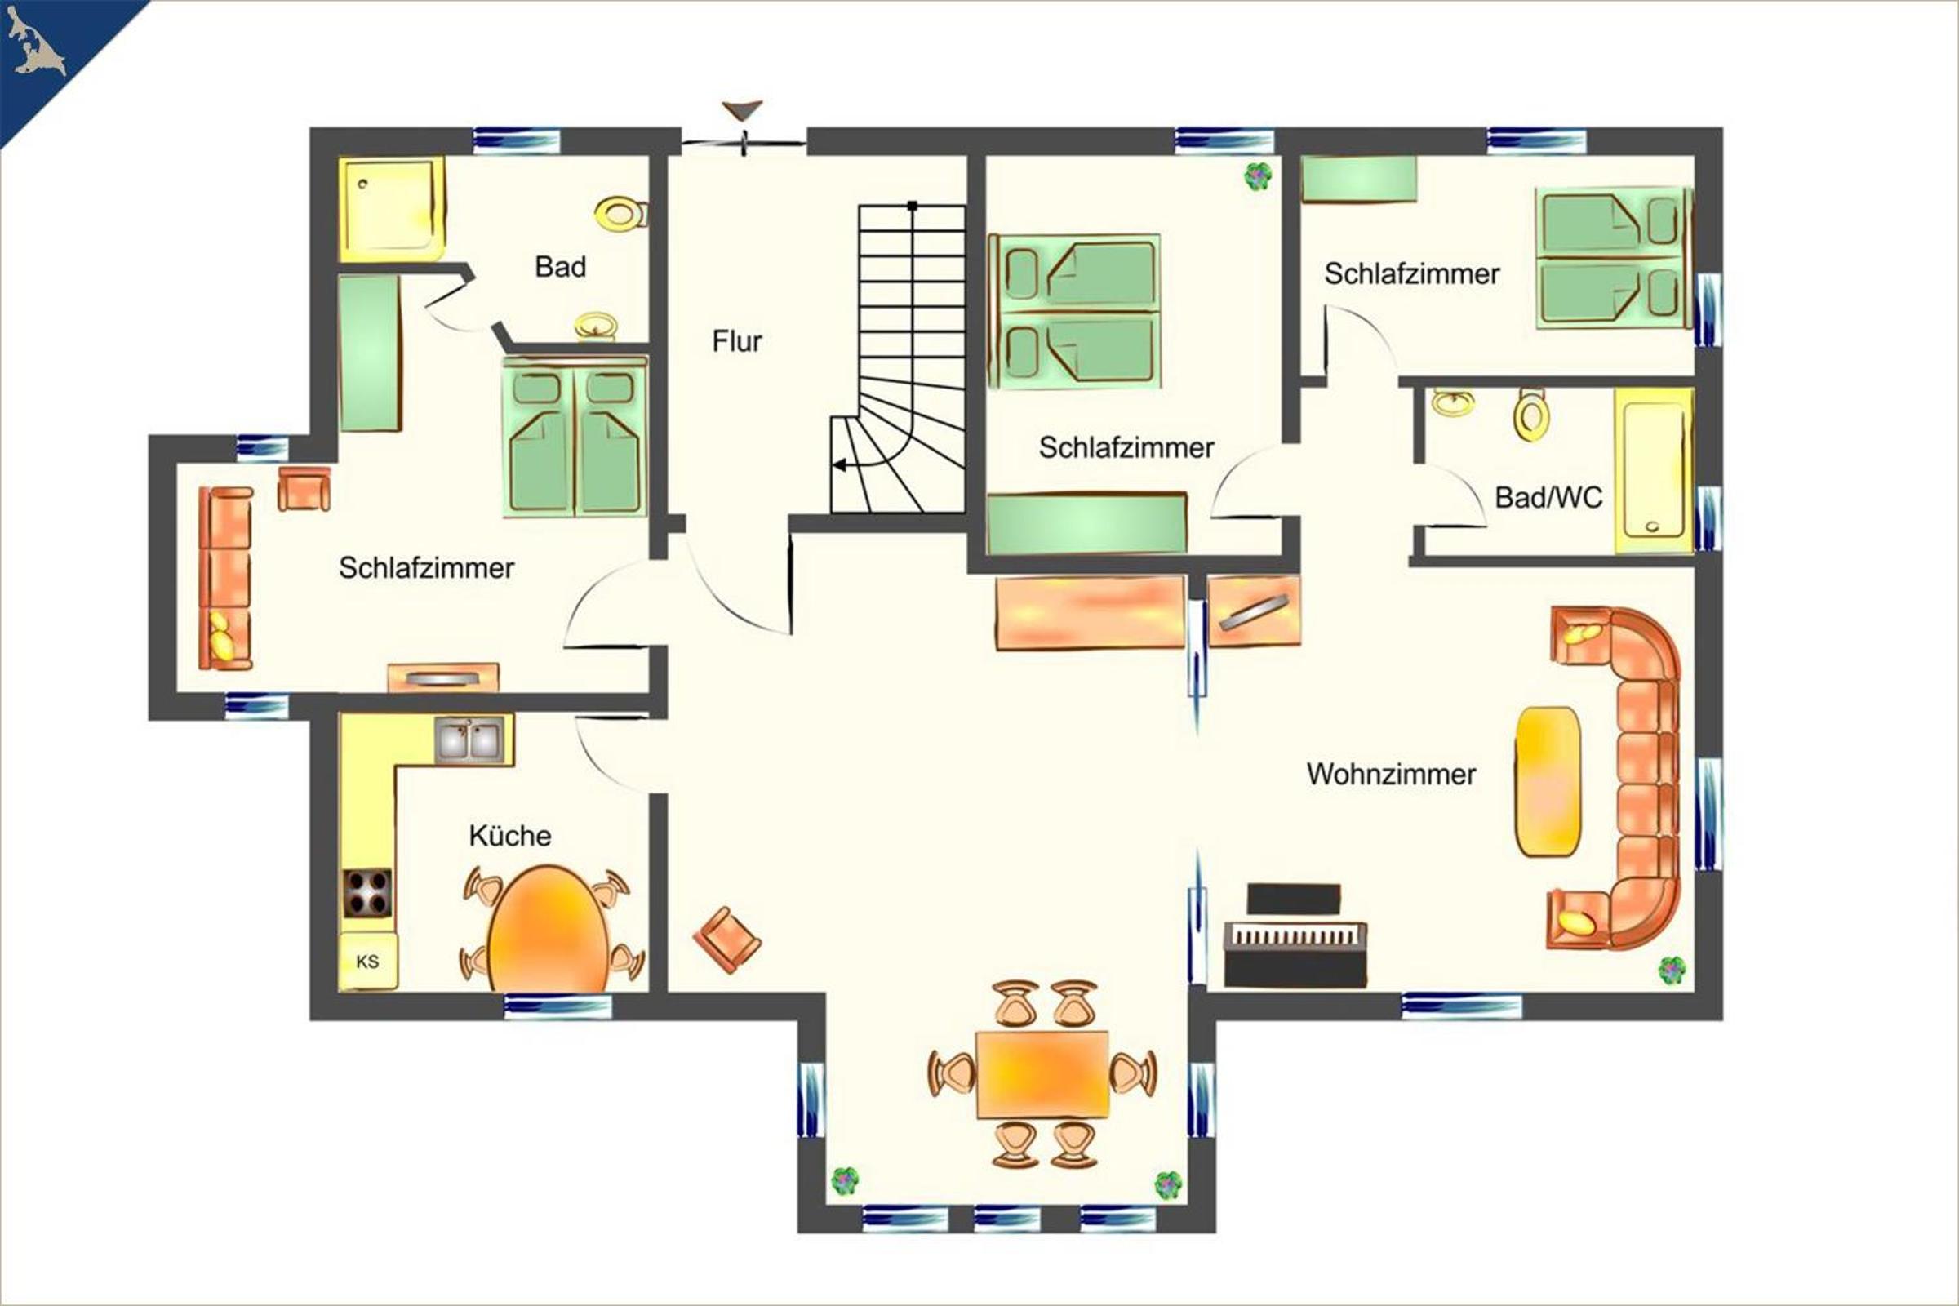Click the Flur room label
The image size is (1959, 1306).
click(x=737, y=341)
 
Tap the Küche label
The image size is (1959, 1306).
click(x=509, y=835)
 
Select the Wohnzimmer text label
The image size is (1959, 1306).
click(x=1391, y=774)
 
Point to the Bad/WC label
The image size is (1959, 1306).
click(x=1548, y=497)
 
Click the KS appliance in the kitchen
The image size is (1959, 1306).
click(x=367, y=962)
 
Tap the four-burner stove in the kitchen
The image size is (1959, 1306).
click(x=367, y=893)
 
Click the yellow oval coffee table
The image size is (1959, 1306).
click(x=1548, y=781)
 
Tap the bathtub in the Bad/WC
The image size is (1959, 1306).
click(x=1654, y=471)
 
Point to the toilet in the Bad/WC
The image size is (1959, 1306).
click(x=1531, y=414)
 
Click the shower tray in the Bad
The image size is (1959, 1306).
click(x=392, y=208)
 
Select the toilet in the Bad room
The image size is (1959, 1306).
click(x=621, y=214)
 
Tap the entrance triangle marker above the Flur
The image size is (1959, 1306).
click(x=741, y=111)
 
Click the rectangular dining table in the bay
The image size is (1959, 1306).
click(x=1042, y=1073)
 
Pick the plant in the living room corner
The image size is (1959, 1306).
click(x=1671, y=971)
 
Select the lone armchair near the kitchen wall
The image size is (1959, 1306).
click(x=726, y=940)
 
